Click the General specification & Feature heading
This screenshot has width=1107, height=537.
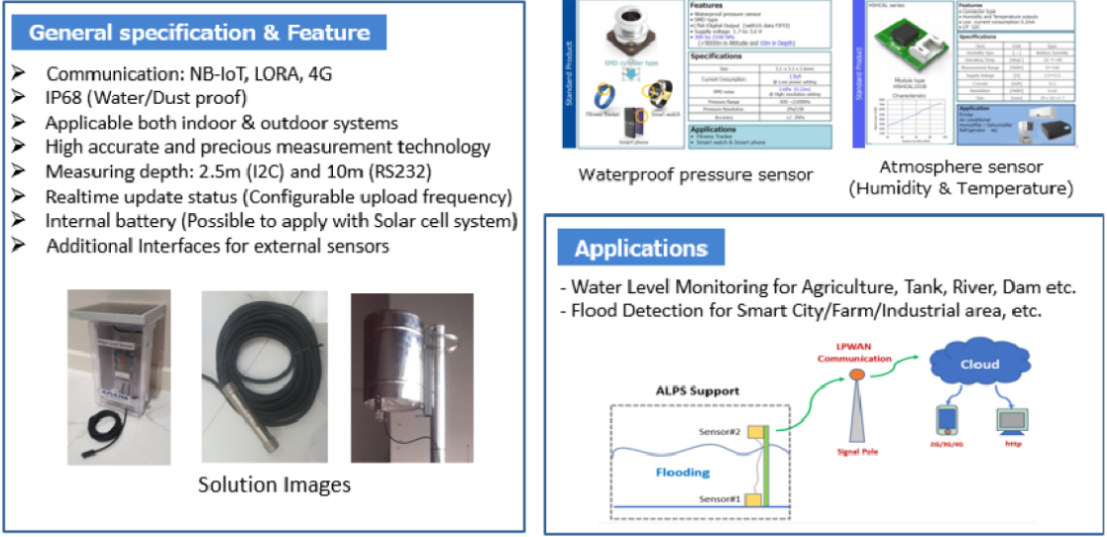pyautogui.click(x=199, y=33)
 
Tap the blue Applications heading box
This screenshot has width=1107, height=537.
pyautogui.click(x=640, y=249)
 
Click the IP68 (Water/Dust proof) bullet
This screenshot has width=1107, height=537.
pyautogui.click(x=146, y=98)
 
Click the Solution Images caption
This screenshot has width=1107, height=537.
pyautogui.click(x=274, y=484)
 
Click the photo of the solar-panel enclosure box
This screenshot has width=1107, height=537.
pyautogui.click(x=112, y=376)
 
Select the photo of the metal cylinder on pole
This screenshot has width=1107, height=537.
pyautogui.click(x=410, y=376)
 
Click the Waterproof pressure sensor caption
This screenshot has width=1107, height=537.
pyautogui.click(x=695, y=174)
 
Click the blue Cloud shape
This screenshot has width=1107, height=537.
pyautogui.click(x=978, y=365)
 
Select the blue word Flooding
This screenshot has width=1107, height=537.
pyautogui.click(x=681, y=473)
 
